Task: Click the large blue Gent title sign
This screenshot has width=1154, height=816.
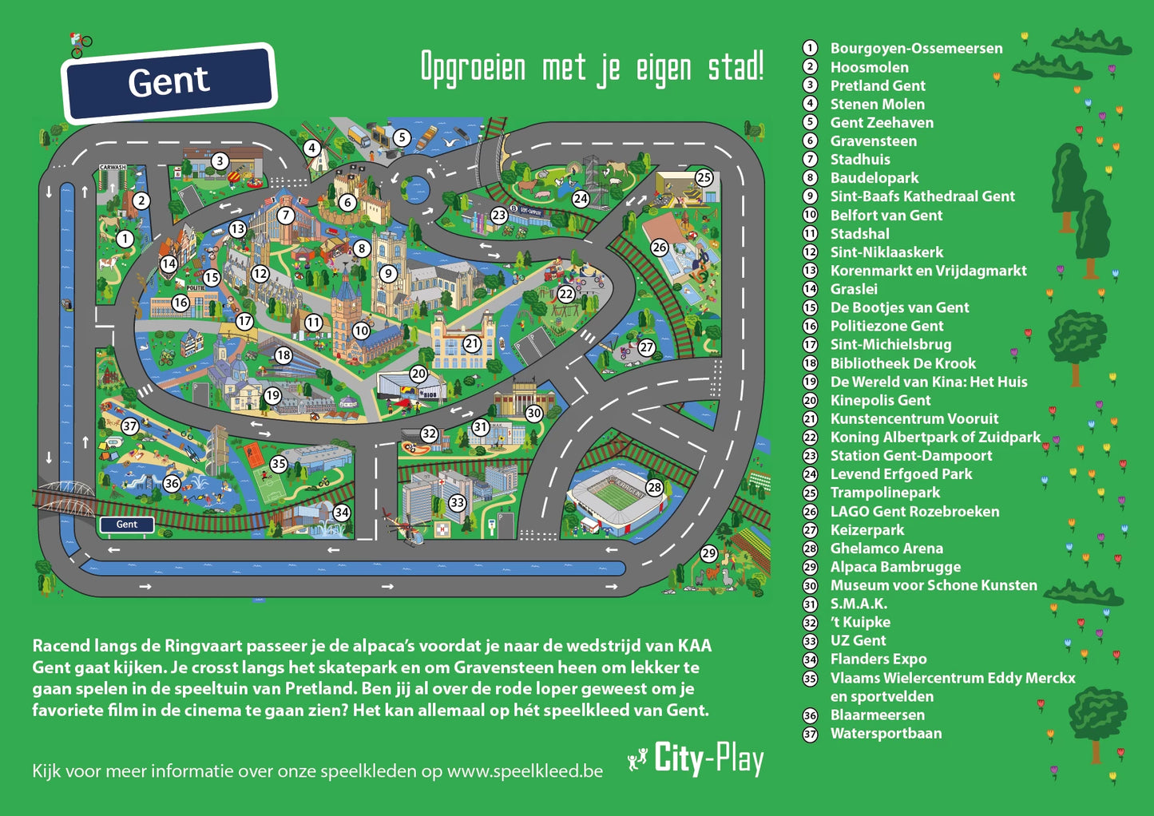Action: [169, 82]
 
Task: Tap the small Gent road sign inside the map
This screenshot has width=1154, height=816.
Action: [126, 525]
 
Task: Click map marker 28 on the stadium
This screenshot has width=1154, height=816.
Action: [655, 487]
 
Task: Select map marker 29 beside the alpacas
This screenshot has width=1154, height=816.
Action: [709, 553]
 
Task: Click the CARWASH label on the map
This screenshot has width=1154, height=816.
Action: [113, 168]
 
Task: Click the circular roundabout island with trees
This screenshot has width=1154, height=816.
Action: [414, 190]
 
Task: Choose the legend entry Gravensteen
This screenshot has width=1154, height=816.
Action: [873, 141]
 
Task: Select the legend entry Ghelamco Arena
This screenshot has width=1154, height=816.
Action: [886, 549]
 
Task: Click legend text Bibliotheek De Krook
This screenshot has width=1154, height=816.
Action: [902, 363]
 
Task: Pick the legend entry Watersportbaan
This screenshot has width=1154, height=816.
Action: [886, 733]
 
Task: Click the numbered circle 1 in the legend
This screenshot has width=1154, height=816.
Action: [810, 49]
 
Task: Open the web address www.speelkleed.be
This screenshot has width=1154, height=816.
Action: [525, 771]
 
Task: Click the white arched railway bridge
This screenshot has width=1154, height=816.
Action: [63, 489]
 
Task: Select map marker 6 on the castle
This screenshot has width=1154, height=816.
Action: [347, 203]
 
